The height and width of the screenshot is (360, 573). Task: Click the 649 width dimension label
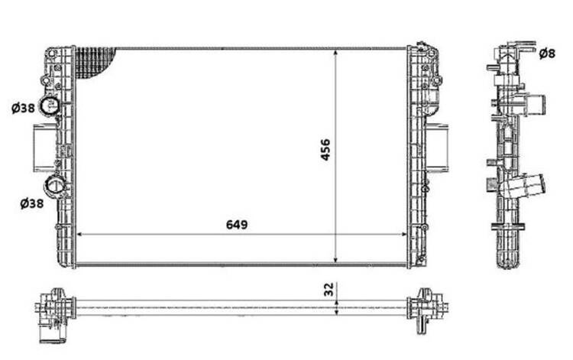[237, 225]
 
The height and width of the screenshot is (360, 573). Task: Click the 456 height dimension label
[325, 150]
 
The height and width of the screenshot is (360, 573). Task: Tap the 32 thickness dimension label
[329, 289]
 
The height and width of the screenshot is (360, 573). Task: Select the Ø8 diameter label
[547, 54]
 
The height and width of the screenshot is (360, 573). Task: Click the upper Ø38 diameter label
[23, 108]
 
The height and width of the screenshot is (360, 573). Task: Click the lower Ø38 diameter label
[32, 203]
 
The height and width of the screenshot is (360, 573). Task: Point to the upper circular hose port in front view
[49, 106]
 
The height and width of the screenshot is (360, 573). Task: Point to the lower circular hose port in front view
[54, 186]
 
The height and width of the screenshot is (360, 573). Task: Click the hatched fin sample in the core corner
[93, 62]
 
